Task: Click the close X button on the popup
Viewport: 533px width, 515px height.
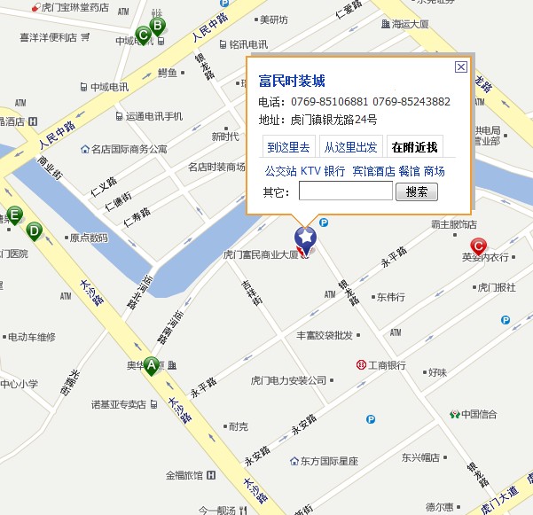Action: click(x=460, y=66)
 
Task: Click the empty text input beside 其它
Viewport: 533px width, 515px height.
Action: click(x=345, y=191)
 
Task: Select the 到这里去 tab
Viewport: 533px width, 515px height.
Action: click(x=288, y=147)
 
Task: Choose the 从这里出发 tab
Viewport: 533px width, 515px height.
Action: click(x=349, y=147)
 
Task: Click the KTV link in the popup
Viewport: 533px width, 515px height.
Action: click(x=310, y=171)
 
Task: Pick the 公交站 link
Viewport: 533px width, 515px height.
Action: click(x=280, y=171)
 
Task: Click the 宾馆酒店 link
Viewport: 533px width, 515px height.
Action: click(x=373, y=171)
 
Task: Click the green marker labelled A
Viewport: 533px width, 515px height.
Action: click(x=152, y=364)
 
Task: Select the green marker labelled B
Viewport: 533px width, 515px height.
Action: click(x=157, y=27)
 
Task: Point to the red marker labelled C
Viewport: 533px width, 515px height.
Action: click(x=478, y=246)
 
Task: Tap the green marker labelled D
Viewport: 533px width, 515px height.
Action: click(x=34, y=231)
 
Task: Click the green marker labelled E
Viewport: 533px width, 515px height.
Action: click(x=14, y=215)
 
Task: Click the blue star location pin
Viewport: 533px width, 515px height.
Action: click(x=305, y=238)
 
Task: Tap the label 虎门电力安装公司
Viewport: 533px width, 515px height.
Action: click(x=289, y=380)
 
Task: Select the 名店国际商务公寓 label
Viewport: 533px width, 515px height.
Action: click(x=129, y=149)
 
